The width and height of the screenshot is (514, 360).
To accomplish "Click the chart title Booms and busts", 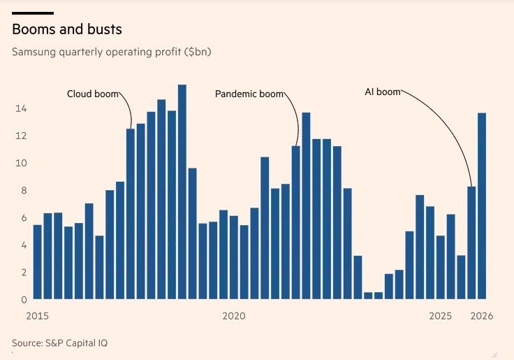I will tap(67, 29).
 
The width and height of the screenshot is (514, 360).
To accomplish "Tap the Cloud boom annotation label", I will tap(92, 94).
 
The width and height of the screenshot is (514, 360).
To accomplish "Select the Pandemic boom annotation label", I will tap(249, 94).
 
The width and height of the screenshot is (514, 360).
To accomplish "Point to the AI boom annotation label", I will tap(382, 92).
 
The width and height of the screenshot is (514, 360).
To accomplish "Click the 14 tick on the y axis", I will tap(21, 108).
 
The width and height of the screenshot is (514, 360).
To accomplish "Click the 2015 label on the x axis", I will tap(37, 316).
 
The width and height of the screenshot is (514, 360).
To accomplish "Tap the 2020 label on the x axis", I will tap(234, 316).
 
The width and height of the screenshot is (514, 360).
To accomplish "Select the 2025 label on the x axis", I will tap(441, 316).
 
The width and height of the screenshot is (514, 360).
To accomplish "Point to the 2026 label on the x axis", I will tap(482, 316).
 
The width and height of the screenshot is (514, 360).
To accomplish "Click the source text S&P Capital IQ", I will tap(59, 343).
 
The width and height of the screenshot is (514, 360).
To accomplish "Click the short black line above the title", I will tap(32, 13).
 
